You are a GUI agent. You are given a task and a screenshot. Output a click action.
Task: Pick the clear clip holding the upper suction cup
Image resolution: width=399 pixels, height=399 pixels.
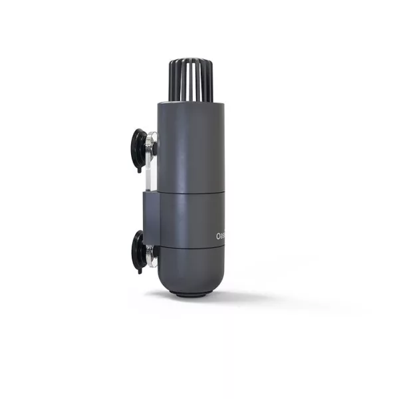pyautogui.click(x=152, y=143)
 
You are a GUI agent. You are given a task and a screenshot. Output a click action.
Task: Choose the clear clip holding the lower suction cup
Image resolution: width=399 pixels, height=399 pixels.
pyautogui.click(x=152, y=254)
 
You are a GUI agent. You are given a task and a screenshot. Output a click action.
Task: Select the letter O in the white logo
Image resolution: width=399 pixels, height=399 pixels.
pyautogui.click(x=219, y=236)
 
